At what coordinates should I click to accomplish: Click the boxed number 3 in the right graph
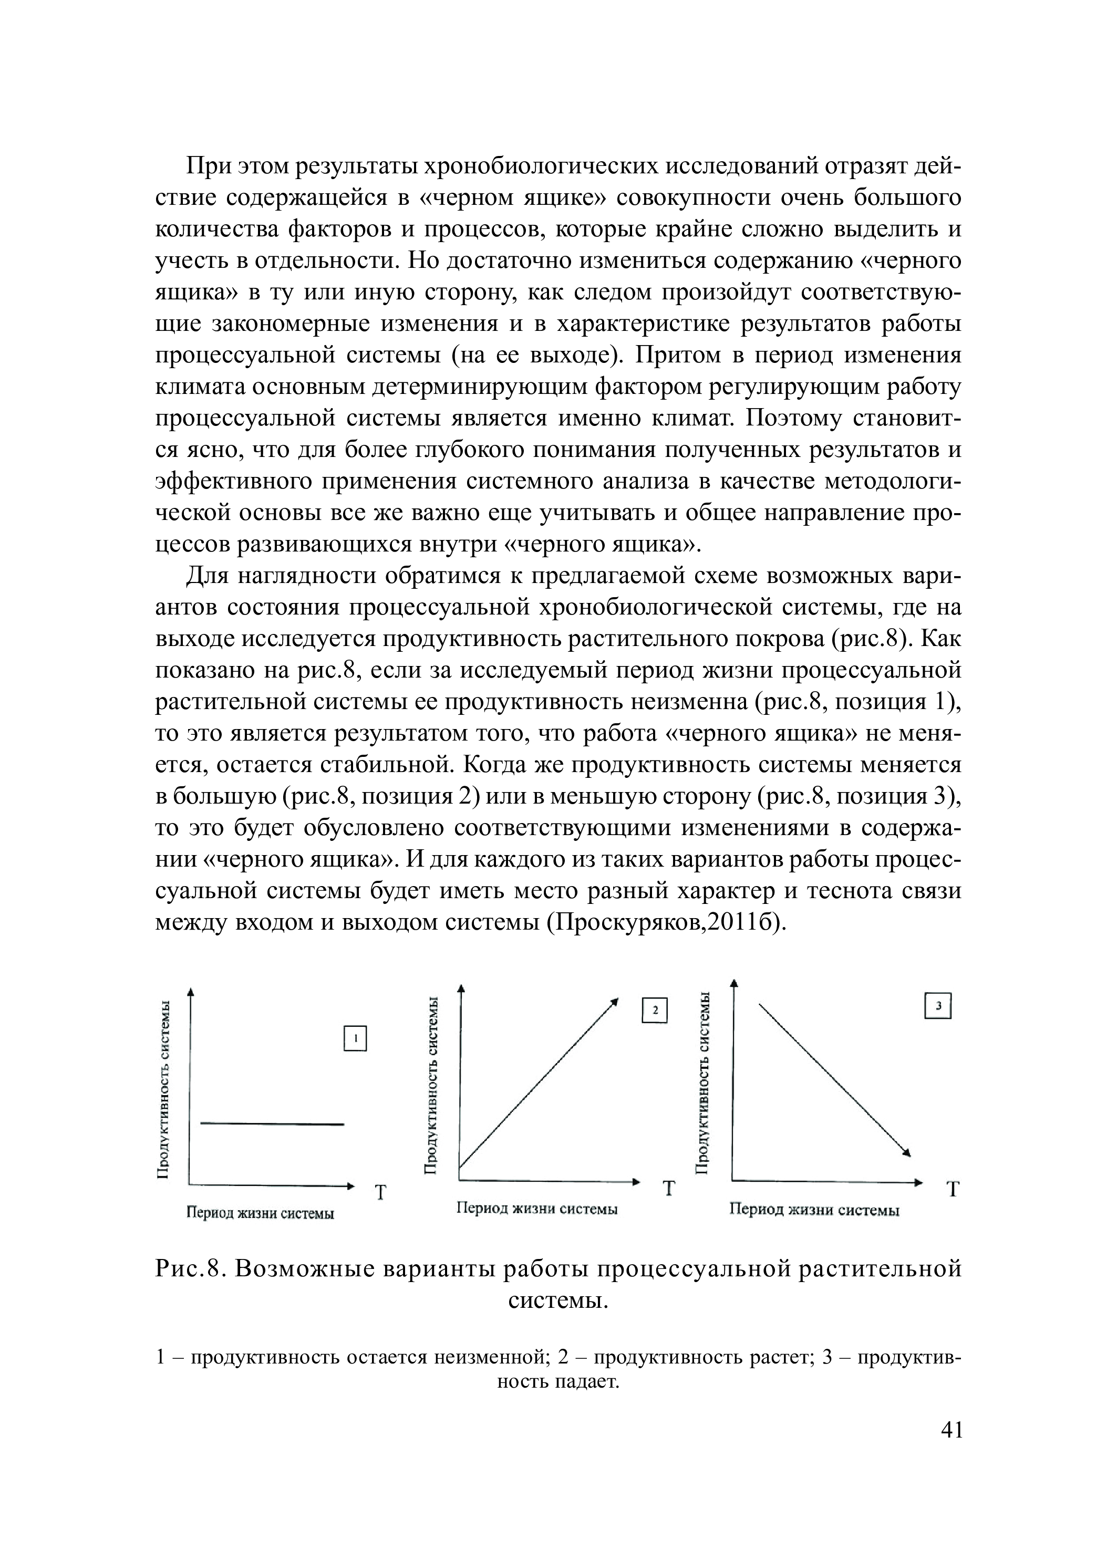pyautogui.click(x=938, y=1006)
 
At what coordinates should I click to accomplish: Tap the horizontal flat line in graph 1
pyautogui.click(x=272, y=1123)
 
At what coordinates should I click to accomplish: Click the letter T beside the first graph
pyautogui.click(x=380, y=1193)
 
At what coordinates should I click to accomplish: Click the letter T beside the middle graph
pyautogui.click(x=668, y=1189)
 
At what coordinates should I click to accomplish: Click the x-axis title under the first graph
pyautogui.click(x=261, y=1214)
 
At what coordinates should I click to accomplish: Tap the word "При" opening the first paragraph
pyautogui.click(x=209, y=166)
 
